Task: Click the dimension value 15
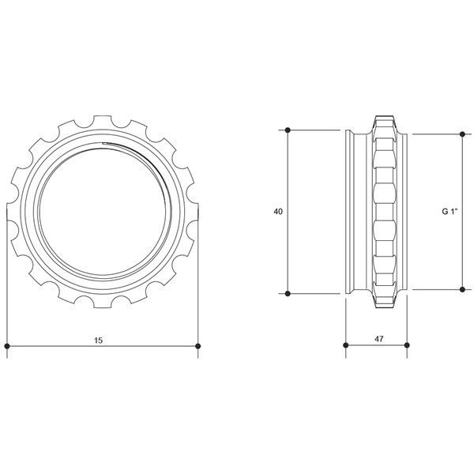point(98,340)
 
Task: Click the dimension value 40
point(278,212)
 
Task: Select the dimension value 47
point(378,339)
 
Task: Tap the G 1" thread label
point(448,212)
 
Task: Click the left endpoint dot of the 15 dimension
point(7,346)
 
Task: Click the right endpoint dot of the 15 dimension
point(197,346)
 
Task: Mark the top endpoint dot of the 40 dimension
point(288,130)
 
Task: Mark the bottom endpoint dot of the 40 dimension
point(288,293)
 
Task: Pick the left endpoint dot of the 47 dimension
point(346,345)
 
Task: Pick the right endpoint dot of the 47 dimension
point(407,345)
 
